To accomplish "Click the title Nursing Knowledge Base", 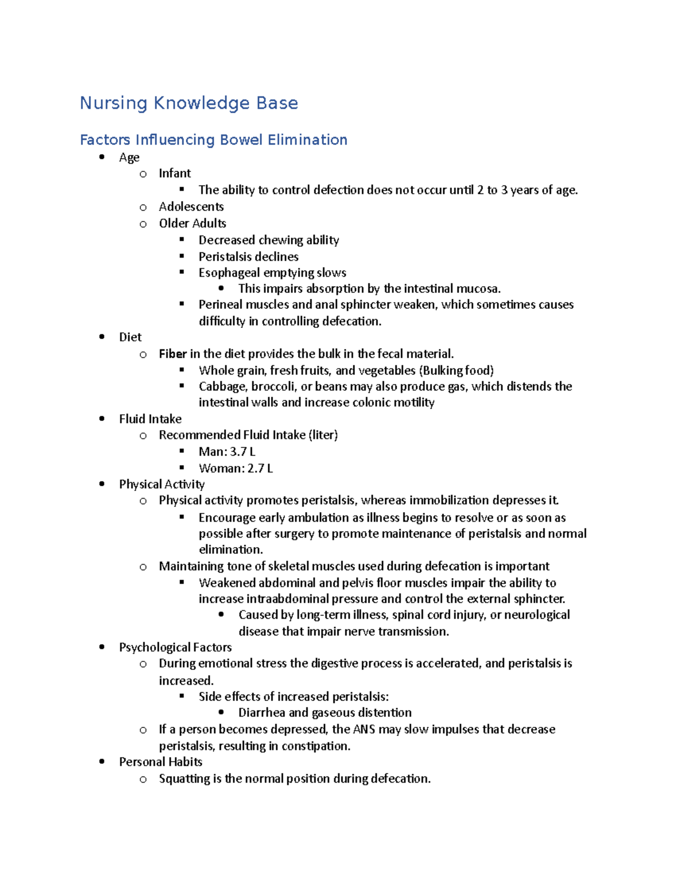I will [x=189, y=103].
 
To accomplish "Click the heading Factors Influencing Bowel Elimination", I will [x=214, y=140].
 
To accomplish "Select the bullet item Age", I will [x=129, y=158].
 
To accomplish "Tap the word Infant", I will [x=175, y=174].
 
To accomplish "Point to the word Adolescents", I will [x=191, y=207].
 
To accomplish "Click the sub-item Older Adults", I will [x=192, y=223].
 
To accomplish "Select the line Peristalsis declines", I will [x=248, y=256].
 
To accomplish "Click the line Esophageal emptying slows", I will [x=272, y=273].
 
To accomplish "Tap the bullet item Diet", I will [x=130, y=337].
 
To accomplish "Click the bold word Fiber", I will [x=172, y=354].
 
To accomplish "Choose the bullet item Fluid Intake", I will [x=150, y=419].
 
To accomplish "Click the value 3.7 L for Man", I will [x=243, y=452].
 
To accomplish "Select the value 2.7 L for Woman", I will [x=260, y=468].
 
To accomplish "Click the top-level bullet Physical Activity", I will [x=162, y=485].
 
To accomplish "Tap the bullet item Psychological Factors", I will [x=175, y=647].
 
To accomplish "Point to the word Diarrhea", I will [x=261, y=713].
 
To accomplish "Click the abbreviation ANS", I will [x=364, y=730].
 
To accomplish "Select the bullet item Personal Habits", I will [x=161, y=762].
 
